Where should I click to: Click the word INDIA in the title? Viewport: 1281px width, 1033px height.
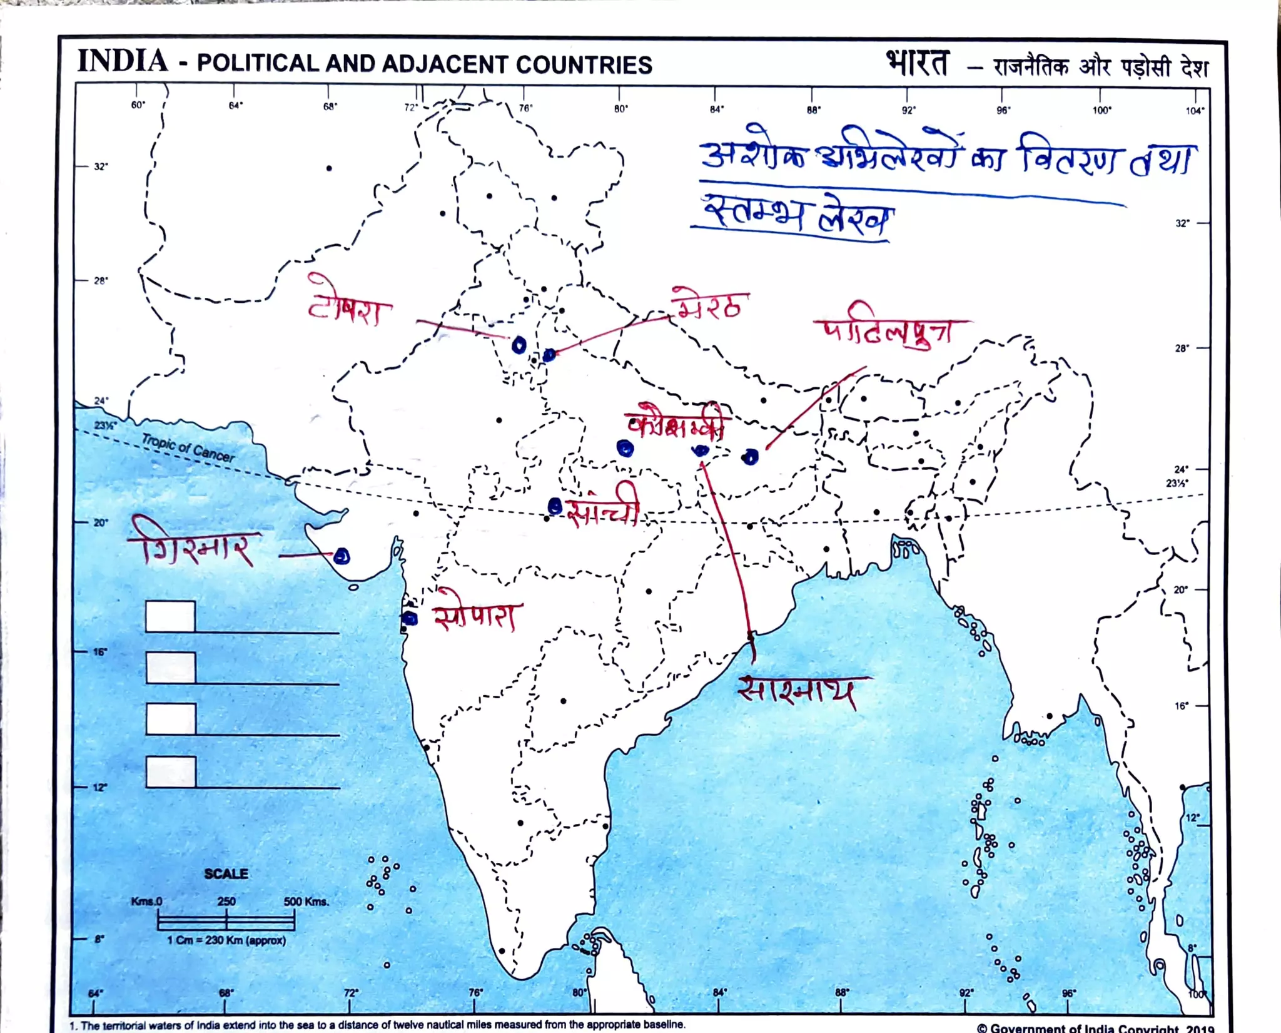123,61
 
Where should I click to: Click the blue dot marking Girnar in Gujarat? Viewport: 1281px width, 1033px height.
342,556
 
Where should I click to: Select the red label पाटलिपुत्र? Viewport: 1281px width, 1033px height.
888,330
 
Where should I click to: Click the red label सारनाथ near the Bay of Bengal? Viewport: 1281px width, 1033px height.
797,692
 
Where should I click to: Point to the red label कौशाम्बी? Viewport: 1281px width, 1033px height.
678,422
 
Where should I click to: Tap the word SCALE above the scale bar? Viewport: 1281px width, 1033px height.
226,874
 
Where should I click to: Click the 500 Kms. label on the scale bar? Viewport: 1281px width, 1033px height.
306,902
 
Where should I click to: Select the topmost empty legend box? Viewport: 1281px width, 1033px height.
170,616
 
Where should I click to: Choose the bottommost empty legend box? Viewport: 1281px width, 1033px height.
171,771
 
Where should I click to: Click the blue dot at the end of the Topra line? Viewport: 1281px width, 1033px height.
519,345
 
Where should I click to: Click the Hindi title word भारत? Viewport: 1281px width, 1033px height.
917,63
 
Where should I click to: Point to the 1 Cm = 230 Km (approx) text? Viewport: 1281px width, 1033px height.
226,940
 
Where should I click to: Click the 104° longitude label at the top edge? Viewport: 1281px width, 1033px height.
1194,111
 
